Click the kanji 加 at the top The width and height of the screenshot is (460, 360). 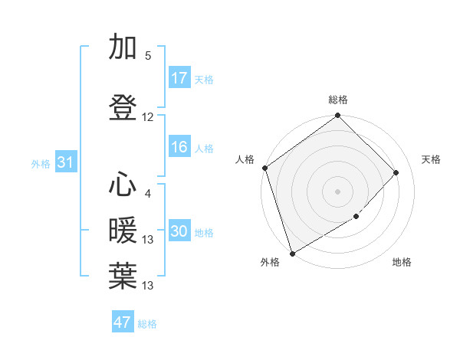123,47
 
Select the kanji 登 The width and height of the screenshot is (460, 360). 123,108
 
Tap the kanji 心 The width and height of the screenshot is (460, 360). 123,185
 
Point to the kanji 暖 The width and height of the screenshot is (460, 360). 123,231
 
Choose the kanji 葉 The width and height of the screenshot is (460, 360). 123,277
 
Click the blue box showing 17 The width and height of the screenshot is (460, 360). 179,78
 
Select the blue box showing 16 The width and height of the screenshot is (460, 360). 179,148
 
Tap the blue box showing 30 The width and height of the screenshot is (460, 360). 179,232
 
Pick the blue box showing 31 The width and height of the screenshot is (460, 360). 65,162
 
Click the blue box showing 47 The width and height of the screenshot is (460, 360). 123,322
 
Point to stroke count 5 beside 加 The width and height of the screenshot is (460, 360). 148,56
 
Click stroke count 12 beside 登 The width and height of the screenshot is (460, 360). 148,117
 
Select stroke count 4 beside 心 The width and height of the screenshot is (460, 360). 148,194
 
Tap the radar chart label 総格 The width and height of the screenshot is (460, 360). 338,100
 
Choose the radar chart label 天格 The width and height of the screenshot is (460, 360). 432,159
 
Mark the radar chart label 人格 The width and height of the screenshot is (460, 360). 245,159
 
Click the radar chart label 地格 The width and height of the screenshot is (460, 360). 402,263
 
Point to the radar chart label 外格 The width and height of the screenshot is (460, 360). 270,263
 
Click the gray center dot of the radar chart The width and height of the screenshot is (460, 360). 338,191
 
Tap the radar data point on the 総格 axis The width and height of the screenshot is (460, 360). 338,116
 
